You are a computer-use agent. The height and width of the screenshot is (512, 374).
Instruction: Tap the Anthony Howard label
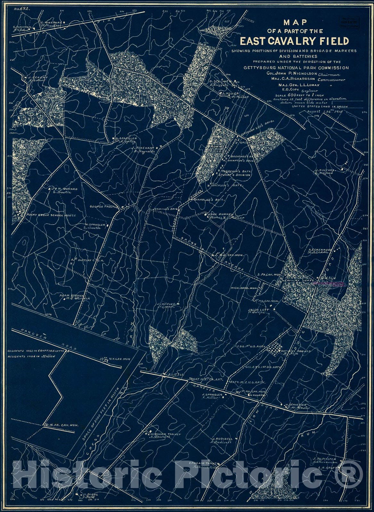coord(296,351)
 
